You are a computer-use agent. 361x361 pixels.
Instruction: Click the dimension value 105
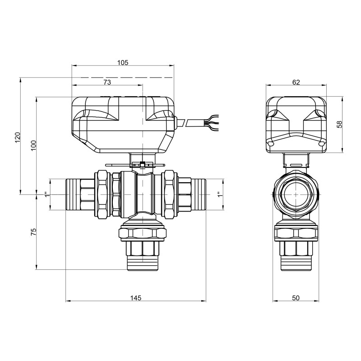tap(123, 62)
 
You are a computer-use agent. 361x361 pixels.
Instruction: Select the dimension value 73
tap(107, 82)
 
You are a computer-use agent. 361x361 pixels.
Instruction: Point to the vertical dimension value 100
tap(33, 145)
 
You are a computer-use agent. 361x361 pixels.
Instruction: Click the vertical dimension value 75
tap(33, 232)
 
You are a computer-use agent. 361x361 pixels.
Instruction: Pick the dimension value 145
tap(136, 298)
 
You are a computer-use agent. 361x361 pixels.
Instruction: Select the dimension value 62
tap(296, 82)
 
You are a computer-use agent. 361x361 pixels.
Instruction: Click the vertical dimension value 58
tap(340, 124)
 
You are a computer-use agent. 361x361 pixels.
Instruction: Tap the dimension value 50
tap(296, 298)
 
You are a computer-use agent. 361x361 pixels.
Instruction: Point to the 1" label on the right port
tap(219, 194)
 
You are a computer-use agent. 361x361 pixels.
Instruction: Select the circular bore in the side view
tap(296, 194)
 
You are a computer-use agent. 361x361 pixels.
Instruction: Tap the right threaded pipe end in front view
tap(199, 194)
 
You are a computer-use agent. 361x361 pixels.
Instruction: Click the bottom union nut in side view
tap(296, 233)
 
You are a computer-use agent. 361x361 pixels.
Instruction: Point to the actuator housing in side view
tap(296, 124)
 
